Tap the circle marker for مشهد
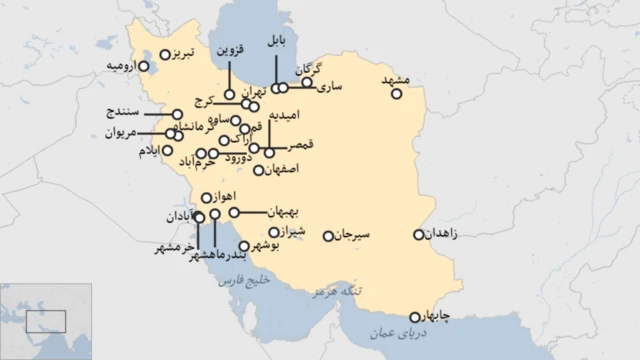(398, 95)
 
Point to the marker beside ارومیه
(144, 67)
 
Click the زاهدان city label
(442, 235)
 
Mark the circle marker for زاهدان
(419, 235)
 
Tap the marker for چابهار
(416, 317)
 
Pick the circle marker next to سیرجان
(329, 236)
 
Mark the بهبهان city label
(284, 213)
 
